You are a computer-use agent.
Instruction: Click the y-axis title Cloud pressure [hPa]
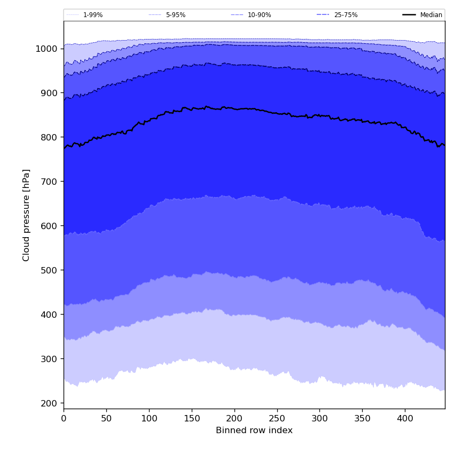tap(26, 215)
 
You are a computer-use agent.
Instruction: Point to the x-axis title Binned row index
tap(254, 430)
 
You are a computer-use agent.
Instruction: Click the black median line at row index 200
tap(234, 108)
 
